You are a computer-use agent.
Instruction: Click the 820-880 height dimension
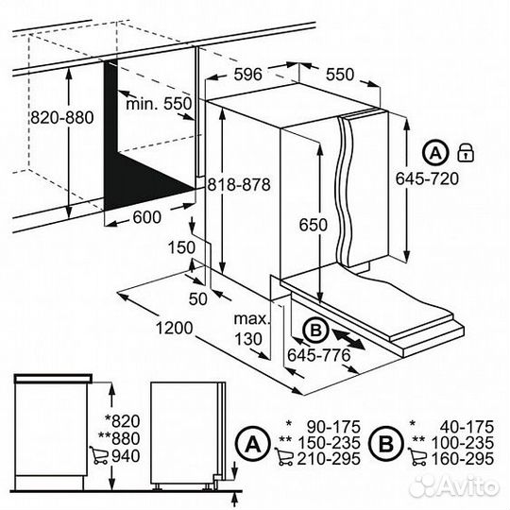point(62,117)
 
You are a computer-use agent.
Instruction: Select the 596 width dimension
point(247,75)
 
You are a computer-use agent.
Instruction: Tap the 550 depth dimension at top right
point(340,75)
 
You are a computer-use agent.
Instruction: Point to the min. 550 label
point(159,104)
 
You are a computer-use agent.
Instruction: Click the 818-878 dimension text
point(239,185)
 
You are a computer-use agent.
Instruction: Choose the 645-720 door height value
point(427,178)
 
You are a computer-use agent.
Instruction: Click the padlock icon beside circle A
point(466,152)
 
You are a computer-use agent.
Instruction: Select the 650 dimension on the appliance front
point(314,225)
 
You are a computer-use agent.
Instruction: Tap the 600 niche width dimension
point(147,217)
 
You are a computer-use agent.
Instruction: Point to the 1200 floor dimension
point(175,328)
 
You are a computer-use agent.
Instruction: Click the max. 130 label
point(252,330)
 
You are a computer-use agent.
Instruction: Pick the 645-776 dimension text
point(319,355)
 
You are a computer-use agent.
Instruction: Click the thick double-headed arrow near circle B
point(348,339)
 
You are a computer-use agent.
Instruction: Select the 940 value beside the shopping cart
point(126,456)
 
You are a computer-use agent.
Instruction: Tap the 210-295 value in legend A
point(329,459)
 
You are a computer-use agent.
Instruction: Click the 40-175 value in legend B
point(467,427)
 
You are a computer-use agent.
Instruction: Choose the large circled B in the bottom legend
point(386,443)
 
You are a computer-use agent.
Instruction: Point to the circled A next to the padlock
point(435,152)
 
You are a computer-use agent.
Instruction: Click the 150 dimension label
point(181,247)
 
